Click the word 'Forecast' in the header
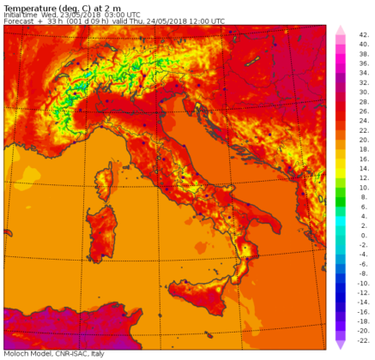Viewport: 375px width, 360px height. pos(20,21)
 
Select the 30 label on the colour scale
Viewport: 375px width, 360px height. pos(364,92)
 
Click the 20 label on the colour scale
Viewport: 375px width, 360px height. pos(364,140)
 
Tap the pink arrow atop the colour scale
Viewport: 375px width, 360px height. pos(340,29)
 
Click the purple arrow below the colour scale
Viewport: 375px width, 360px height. pos(340,345)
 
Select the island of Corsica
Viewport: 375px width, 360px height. pos(107,181)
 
